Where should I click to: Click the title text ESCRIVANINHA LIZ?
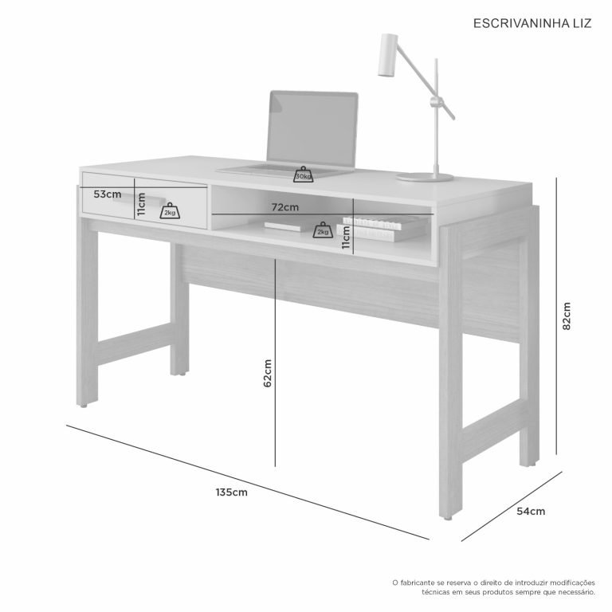point(532,23)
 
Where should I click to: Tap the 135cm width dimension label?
point(231,492)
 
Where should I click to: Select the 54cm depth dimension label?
point(531,512)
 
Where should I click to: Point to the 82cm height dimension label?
point(567,316)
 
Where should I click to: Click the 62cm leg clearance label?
point(268,373)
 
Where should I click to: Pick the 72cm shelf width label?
point(285,207)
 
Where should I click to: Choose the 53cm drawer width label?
point(108,194)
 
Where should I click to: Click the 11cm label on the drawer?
point(141,204)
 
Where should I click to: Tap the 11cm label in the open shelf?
point(346,237)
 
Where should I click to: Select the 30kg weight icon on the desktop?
point(304,175)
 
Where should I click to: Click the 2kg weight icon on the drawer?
point(170,210)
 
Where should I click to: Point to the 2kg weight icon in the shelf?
point(323,230)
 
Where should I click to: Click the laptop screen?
point(312,128)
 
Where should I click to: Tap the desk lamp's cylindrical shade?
point(387,55)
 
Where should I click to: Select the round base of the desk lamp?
point(425,178)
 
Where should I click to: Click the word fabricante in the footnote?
point(418,583)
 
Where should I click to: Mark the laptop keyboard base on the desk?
point(285,170)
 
